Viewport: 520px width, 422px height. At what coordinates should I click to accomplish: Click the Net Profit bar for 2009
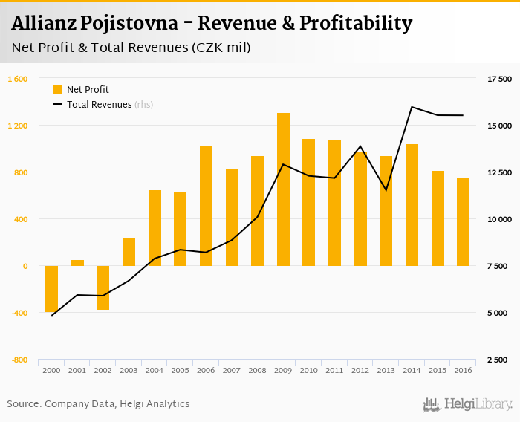(x=283, y=189)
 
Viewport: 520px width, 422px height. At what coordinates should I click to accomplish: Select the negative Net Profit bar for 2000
(x=51, y=288)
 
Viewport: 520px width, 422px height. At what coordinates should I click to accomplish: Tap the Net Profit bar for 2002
(x=103, y=287)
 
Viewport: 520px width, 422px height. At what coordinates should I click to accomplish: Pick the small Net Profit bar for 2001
(x=77, y=263)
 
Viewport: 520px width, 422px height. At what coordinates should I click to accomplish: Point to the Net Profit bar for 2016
(x=463, y=222)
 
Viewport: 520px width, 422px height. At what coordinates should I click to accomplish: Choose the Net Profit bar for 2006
(x=206, y=206)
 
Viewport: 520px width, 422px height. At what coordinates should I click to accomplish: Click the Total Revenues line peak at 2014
(x=412, y=107)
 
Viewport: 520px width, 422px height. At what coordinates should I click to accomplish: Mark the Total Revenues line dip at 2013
(x=386, y=190)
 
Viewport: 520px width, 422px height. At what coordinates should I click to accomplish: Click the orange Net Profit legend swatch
(x=58, y=90)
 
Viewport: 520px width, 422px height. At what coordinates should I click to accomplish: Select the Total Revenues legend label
(x=99, y=105)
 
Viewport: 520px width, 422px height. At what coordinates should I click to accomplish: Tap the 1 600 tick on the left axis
(x=18, y=79)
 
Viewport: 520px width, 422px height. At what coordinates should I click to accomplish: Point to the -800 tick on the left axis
(x=19, y=360)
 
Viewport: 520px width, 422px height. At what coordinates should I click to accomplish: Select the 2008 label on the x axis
(x=257, y=370)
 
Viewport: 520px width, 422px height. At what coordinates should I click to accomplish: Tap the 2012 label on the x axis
(x=360, y=370)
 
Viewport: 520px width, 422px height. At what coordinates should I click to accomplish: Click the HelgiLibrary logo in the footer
(x=467, y=404)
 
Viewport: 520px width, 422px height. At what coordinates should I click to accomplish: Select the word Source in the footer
(x=23, y=404)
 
